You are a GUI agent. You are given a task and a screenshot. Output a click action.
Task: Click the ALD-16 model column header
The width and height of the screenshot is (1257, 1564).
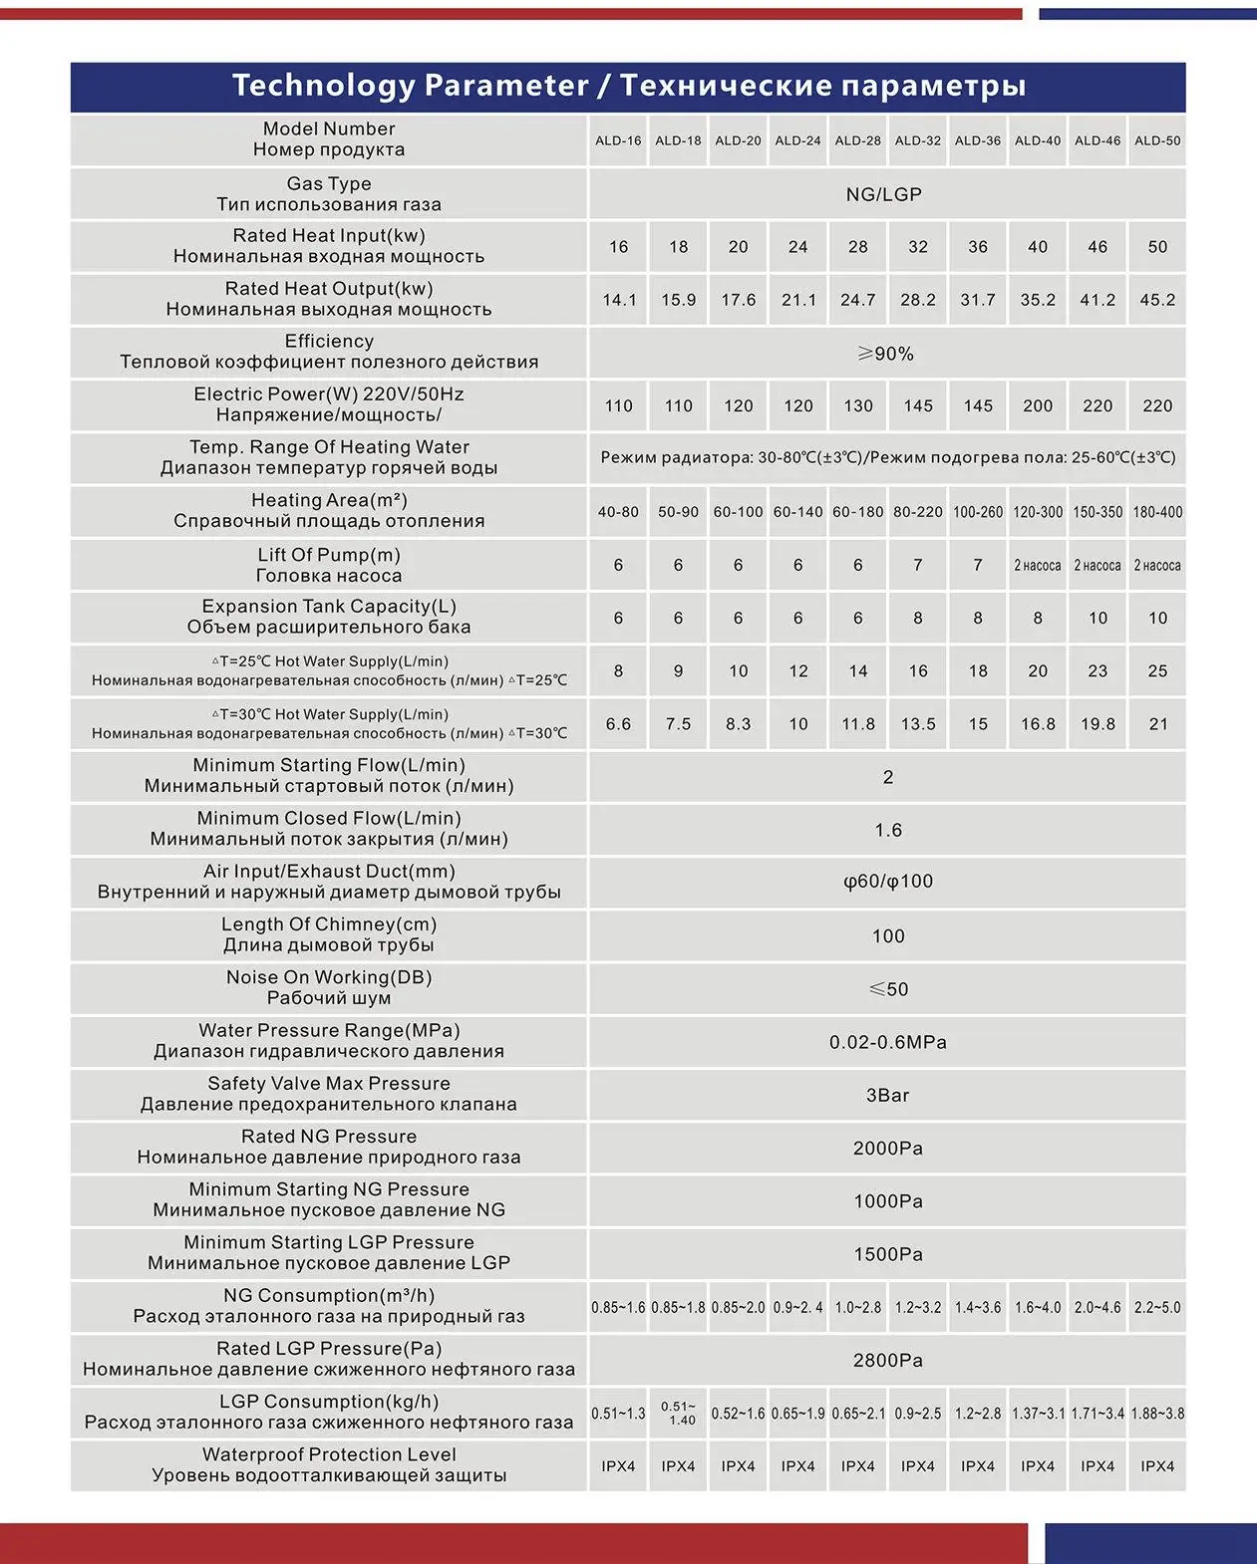pos(618,140)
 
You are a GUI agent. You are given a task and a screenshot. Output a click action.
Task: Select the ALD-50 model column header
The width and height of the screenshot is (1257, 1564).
pos(1157,140)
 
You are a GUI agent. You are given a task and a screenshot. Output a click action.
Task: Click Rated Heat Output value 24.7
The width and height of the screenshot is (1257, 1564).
pos(857,300)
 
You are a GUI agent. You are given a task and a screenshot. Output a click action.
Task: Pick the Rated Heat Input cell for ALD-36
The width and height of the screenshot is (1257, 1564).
pos(978,247)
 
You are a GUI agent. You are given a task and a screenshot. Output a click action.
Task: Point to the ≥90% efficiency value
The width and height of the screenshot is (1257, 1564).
pos(885,354)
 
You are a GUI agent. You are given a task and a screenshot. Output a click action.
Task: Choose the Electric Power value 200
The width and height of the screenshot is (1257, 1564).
pos(1038,405)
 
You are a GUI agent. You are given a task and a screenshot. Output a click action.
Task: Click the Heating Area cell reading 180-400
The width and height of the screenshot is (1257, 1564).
pos(1157,512)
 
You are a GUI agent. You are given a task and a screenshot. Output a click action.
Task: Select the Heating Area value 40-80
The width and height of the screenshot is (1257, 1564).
pos(618,512)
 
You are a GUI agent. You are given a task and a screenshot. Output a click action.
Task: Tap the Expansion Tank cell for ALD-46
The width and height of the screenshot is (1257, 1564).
pos(1098,618)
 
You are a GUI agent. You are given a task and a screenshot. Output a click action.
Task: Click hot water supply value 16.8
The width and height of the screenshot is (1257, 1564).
pos(1038,724)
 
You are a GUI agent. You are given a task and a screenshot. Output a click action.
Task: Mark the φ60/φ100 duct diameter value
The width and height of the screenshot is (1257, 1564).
pos(887,882)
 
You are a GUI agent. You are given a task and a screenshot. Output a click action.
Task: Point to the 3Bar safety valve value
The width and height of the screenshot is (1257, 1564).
pos(887,1095)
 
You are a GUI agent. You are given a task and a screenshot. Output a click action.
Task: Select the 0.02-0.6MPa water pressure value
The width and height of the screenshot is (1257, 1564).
pos(887,1042)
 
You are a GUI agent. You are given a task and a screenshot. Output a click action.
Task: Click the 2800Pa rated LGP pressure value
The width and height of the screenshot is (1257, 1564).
pos(887,1360)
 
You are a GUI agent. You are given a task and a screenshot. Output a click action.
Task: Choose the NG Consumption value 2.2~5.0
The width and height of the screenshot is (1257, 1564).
pos(1157,1307)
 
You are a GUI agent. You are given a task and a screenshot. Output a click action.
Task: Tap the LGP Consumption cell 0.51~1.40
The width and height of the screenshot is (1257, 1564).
pos(678,1413)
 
